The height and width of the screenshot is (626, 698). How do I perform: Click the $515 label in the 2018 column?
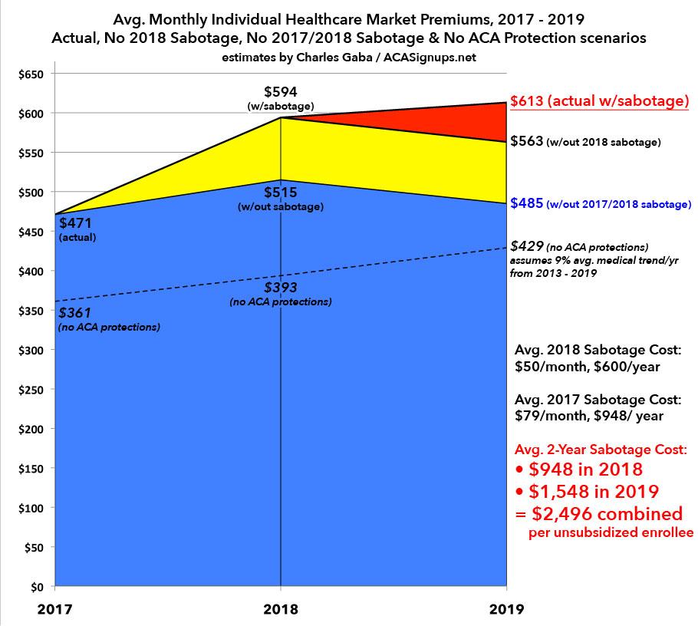280,193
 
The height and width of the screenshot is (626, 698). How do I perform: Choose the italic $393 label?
280,288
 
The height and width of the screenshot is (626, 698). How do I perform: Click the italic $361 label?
73,315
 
